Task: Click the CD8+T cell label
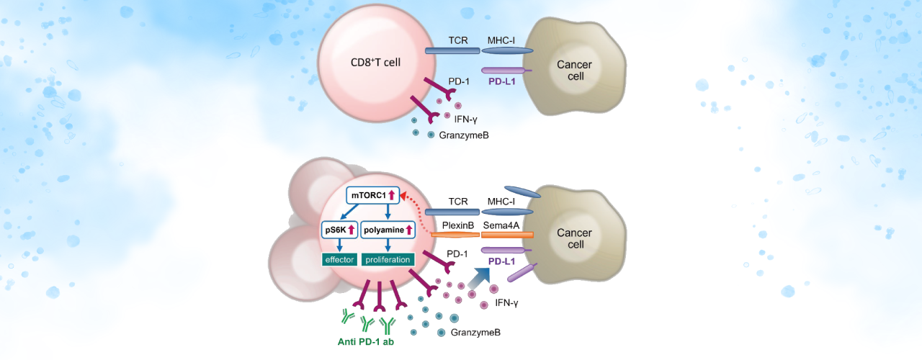(x=371, y=63)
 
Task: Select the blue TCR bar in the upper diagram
(x=452, y=51)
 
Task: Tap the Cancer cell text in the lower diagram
(x=575, y=239)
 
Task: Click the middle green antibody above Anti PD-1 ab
(x=366, y=322)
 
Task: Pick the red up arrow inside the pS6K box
(x=353, y=230)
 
